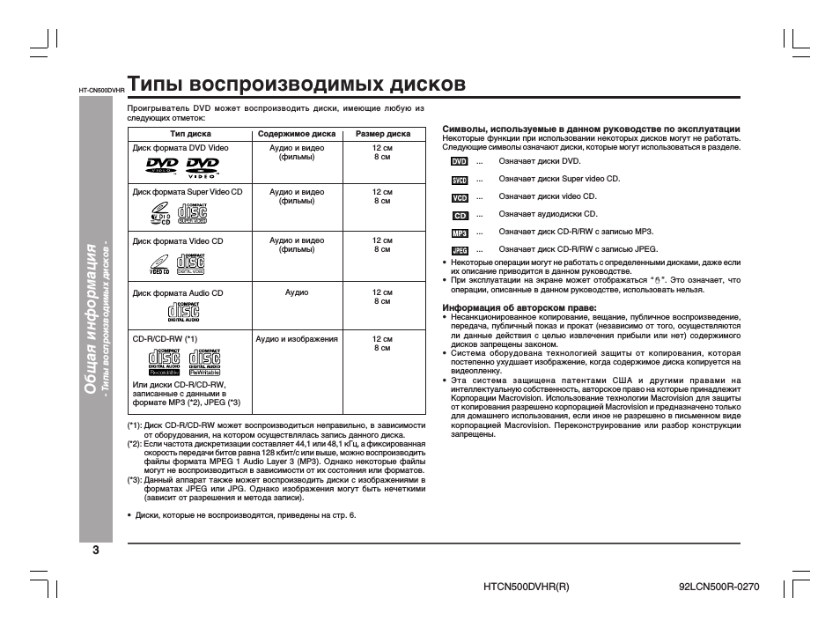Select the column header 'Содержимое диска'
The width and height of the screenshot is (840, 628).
pyautogui.click(x=296, y=135)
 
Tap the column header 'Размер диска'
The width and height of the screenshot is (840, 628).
pyautogui.click(x=382, y=135)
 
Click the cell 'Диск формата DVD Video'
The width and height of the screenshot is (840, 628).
pyautogui.click(x=181, y=148)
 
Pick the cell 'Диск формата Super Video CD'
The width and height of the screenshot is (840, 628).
pyautogui.click(x=188, y=191)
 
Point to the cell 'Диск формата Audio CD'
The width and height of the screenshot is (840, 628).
pyautogui.click(x=178, y=292)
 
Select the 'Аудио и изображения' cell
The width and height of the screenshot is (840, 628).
pyautogui.click(x=297, y=338)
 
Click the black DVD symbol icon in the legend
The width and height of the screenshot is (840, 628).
pyautogui.click(x=460, y=162)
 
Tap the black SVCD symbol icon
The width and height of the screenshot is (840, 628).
pyautogui.click(x=460, y=180)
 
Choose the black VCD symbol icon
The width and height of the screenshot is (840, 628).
pyautogui.click(x=460, y=197)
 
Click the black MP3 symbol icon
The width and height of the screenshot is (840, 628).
pyautogui.click(x=460, y=233)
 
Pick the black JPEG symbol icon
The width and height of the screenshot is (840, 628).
pyautogui.click(x=460, y=250)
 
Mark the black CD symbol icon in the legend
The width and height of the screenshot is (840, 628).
pyautogui.click(x=460, y=215)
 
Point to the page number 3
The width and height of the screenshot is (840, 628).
pyautogui.click(x=95, y=551)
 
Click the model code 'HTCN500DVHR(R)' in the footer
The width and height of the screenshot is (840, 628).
pyautogui.click(x=527, y=586)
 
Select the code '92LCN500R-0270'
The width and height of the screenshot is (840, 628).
pyautogui.click(x=719, y=586)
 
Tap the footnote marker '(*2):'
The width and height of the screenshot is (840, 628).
pyautogui.click(x=135, y=445)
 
